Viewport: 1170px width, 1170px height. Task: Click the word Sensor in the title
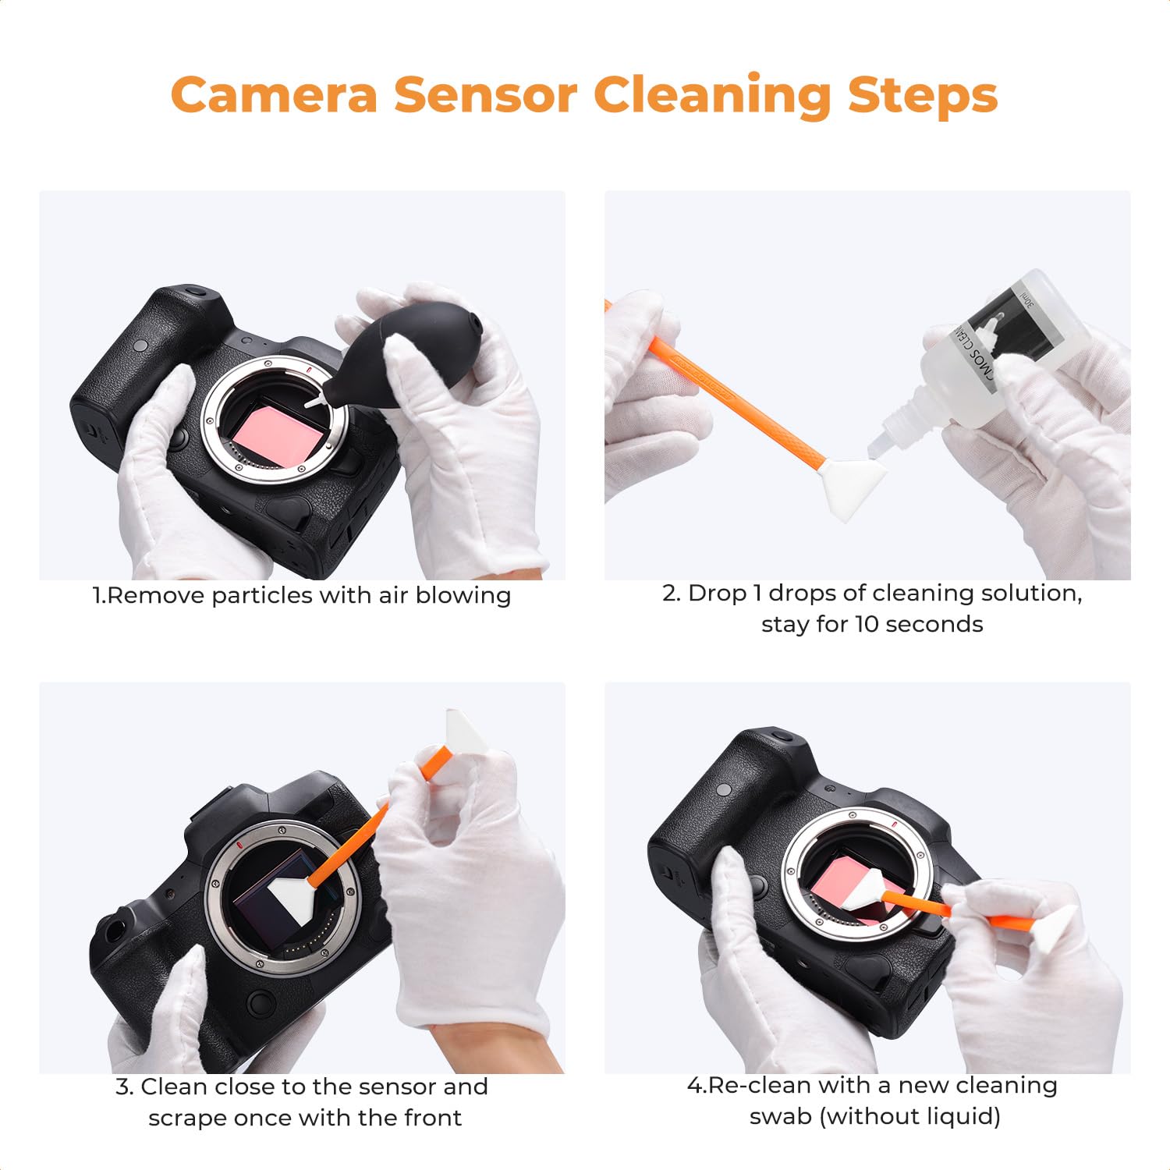pos(486,94)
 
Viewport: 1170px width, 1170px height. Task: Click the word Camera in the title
pos(274,94)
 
